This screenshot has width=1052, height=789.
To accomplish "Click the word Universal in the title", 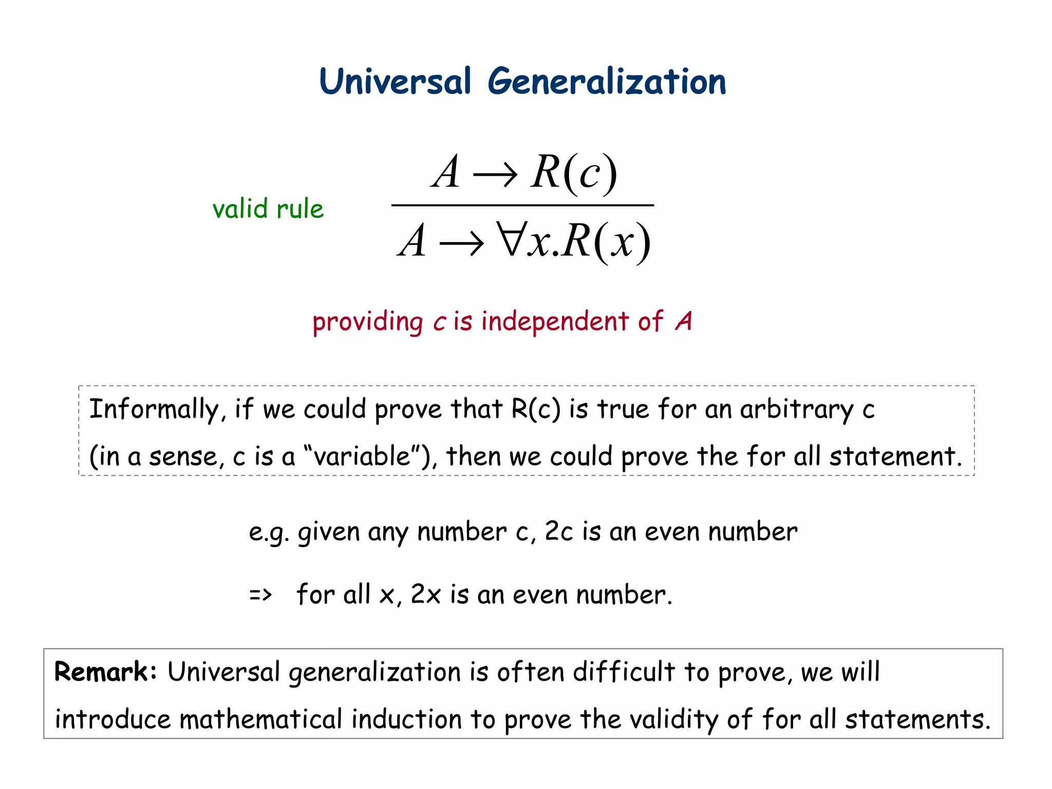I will [x=394, y=82].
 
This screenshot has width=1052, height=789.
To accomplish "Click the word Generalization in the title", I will [x=607, y=82].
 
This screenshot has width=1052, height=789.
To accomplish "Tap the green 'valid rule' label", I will [x=268, y=209].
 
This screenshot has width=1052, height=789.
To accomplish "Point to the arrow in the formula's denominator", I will [x=461, y=242].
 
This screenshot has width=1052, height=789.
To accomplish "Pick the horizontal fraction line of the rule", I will [x=522, y=205].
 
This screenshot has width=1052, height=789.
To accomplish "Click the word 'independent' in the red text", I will [x=555, y=322].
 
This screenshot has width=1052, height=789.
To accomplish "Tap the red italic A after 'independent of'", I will [x=684, y=322].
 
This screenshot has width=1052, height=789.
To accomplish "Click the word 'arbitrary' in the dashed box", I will [x=796, y=410].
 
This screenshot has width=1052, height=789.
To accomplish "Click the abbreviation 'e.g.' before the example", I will [x=269, y=533].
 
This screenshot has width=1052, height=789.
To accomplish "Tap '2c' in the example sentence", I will [x=558, y=532].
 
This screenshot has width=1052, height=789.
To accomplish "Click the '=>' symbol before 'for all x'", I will [x=260, y=595].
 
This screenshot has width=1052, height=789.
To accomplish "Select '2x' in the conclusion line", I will [x=425, y=595].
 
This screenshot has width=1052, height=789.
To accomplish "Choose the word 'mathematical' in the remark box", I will [x=260, y=719].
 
